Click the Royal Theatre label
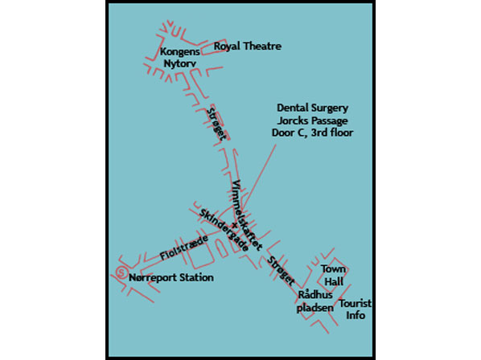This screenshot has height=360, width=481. tap(248, 47)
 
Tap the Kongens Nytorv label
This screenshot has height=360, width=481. tap(179, 58)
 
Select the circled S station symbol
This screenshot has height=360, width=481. tap(121, 272)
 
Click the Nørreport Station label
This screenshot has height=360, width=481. tap(171, 277)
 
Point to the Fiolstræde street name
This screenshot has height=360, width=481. tap(184, 247)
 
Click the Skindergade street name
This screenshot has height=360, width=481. tap(224, 230)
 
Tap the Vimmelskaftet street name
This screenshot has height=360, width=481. tap(247, 215)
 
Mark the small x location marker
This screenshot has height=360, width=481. tap(235, 225)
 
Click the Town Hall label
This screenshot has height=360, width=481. tap(334, 276)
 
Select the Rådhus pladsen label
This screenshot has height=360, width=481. tap(315, 301)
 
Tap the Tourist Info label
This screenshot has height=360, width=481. tap(356, 309)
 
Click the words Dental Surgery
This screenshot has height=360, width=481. tap(313, 108)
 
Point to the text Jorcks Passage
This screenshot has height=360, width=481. tap(313, 121)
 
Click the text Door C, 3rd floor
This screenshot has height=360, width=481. tap(313, 133)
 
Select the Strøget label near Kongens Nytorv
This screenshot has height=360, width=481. tap(216, 124)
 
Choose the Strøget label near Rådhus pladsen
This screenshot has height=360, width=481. tap(281, 271)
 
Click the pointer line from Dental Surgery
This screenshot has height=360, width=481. tap(260, 175)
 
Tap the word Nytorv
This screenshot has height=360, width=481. tap(179, 63)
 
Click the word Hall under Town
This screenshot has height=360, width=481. tap(334, 281)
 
